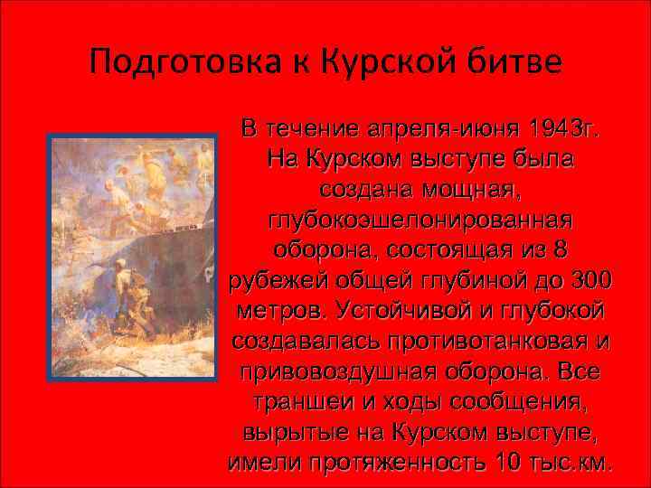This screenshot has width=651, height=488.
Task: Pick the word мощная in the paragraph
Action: tap(466, 189)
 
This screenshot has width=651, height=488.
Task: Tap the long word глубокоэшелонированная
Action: tap(421, 220)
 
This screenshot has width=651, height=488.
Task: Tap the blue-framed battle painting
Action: tap(131, 257)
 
